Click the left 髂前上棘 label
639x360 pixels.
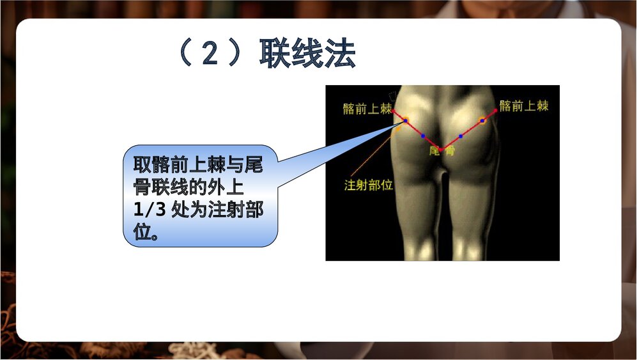367,109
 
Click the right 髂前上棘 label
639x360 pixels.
524,106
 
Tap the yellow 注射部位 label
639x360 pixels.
368,185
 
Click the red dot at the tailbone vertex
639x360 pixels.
440,149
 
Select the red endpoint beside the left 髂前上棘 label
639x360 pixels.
394,111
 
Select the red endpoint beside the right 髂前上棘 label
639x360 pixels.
496,111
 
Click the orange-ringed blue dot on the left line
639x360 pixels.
405,120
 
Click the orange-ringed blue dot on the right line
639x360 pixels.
482,120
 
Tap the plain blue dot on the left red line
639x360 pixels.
423,136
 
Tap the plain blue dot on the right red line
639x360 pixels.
461,136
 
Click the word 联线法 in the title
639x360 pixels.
307,54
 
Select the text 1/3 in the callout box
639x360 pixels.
148,212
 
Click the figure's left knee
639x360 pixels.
418,246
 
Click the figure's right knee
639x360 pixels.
470,246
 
